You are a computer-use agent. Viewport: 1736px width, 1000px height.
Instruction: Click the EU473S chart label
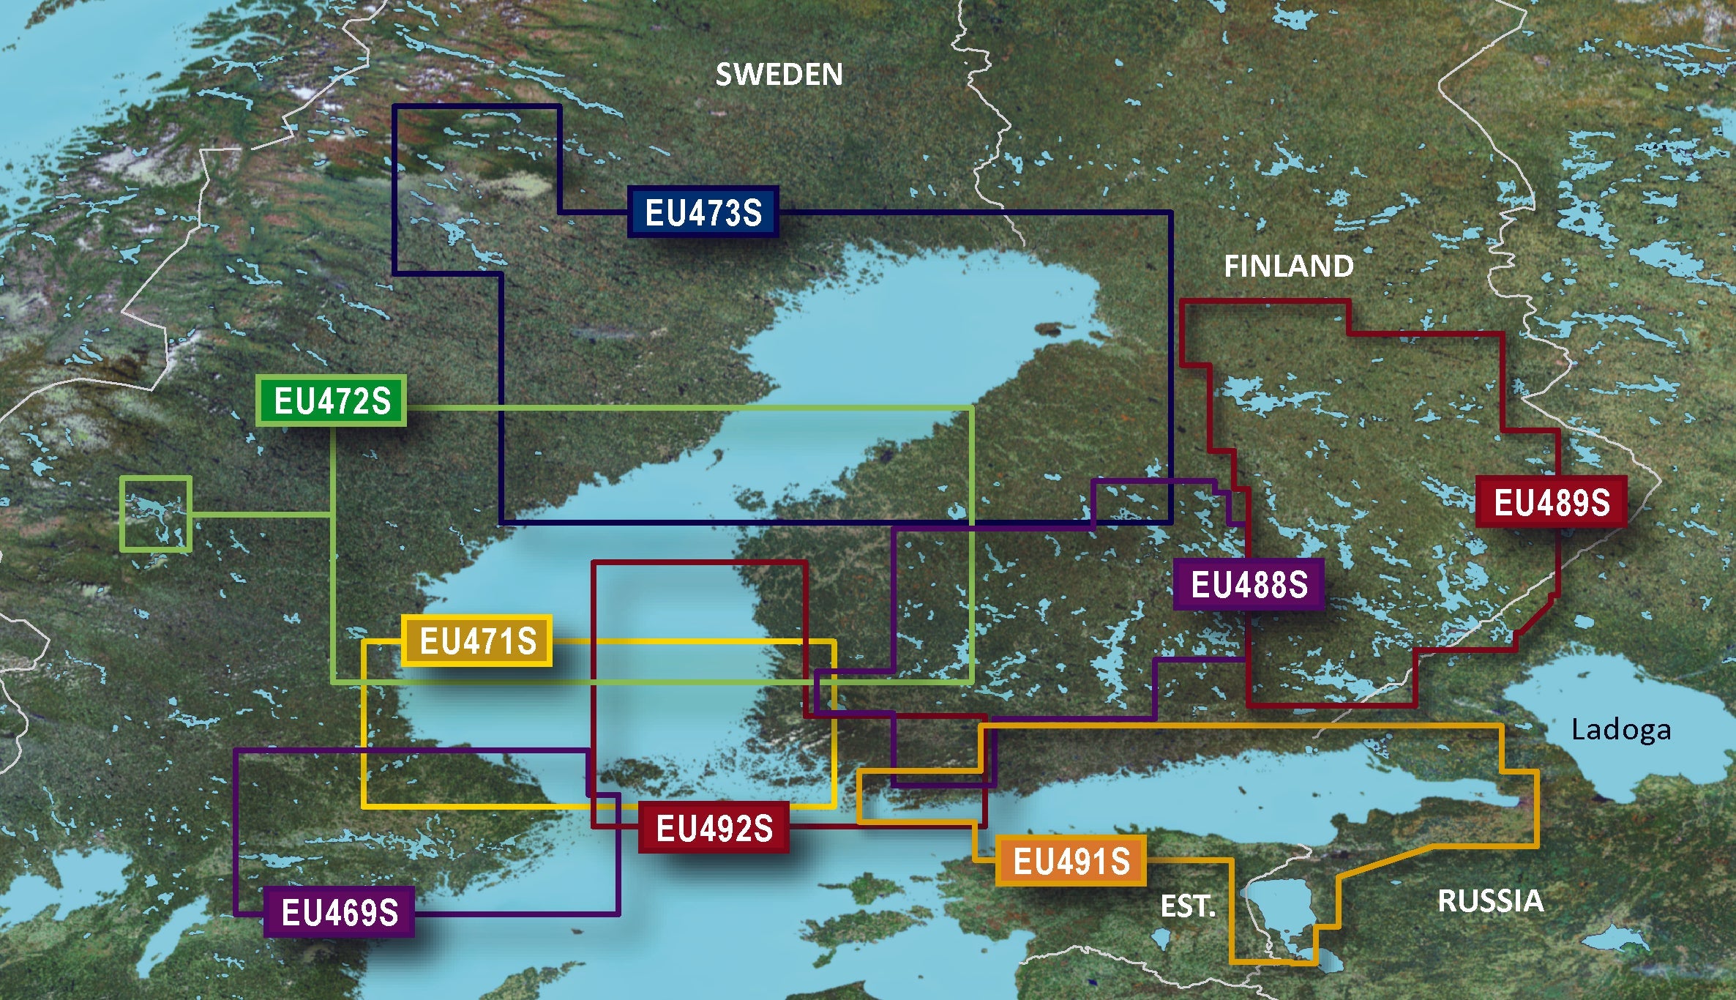pos(703,212)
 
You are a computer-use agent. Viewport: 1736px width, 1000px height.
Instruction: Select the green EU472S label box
pos(332,400)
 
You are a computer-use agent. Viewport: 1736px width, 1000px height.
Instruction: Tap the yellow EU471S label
pos(477,641)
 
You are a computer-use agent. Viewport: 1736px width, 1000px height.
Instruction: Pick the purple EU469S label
pos(340,912)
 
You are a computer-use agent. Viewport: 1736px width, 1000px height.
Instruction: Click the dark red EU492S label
pos(714,828)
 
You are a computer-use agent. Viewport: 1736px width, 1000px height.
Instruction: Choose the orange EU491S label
pos(1071,861)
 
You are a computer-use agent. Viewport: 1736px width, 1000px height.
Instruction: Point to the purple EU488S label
pos(1249,584)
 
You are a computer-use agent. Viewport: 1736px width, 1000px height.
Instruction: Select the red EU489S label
pos(1551,502)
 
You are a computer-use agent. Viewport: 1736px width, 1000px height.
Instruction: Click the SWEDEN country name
pos(779,75)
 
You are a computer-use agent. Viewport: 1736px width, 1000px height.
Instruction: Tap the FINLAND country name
pos(1288,266)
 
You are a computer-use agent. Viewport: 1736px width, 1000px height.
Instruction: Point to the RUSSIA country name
pos(1490,900)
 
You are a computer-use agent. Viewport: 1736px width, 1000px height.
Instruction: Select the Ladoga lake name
pos(1621,730)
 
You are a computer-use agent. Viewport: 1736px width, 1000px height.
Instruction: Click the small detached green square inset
pos(156,513)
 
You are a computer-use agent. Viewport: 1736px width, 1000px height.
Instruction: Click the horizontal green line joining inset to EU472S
pos(262,514)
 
